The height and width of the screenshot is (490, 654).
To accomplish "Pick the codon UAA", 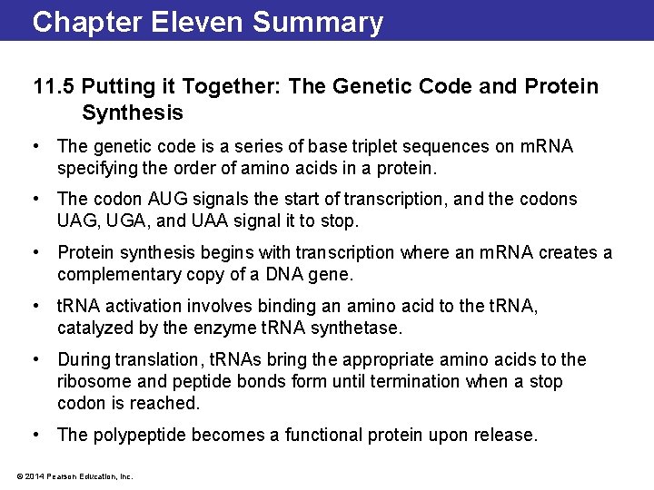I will point(206,220).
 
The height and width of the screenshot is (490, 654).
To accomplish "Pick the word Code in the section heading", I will point(465,87).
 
